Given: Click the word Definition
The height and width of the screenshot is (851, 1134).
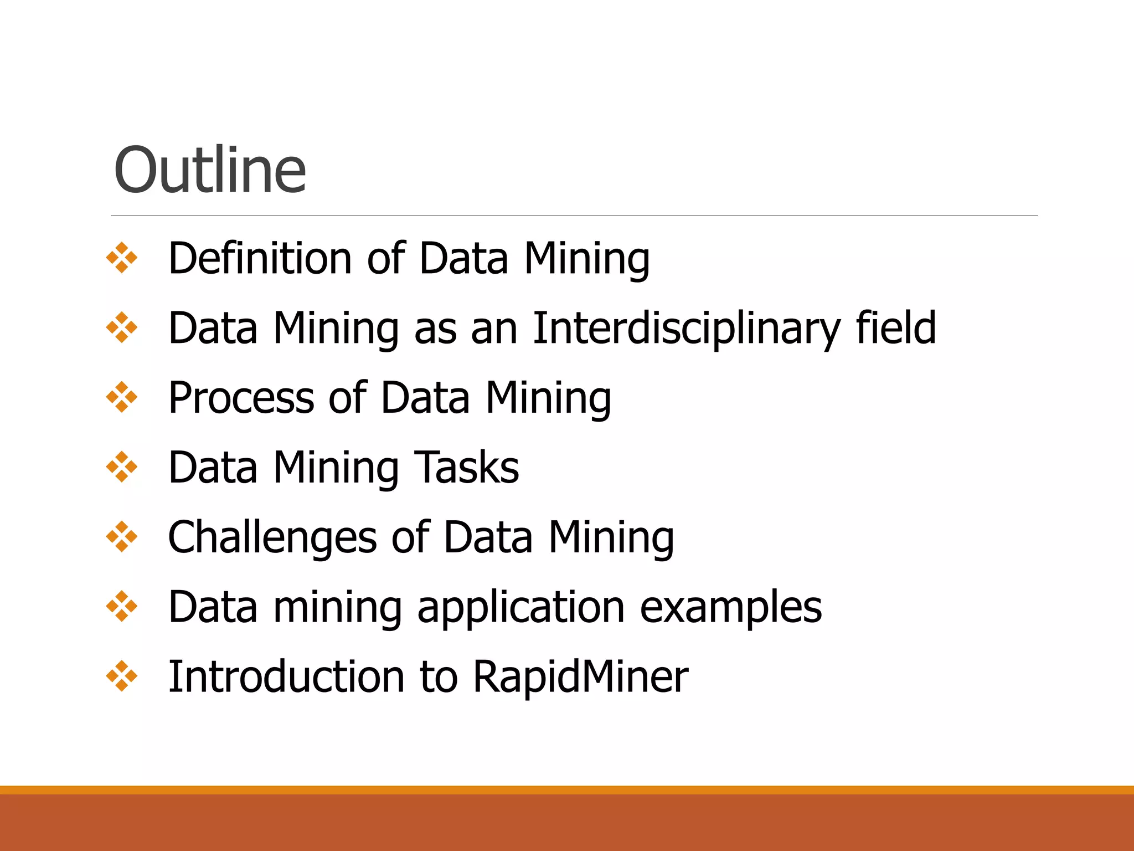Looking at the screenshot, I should (x=260, y=258).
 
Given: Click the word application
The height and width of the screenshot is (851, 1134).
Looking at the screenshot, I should (x=521, y=607).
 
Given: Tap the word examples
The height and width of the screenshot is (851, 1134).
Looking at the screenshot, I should (x=731, y=607).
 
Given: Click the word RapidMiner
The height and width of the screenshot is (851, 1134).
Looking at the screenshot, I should (x=580, y=676).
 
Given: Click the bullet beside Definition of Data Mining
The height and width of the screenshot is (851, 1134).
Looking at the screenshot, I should (x=122, y=258).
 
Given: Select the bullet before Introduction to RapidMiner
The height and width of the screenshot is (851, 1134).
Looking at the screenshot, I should (x=122, y=676).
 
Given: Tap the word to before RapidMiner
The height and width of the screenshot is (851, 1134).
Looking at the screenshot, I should (x=439, y=676).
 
